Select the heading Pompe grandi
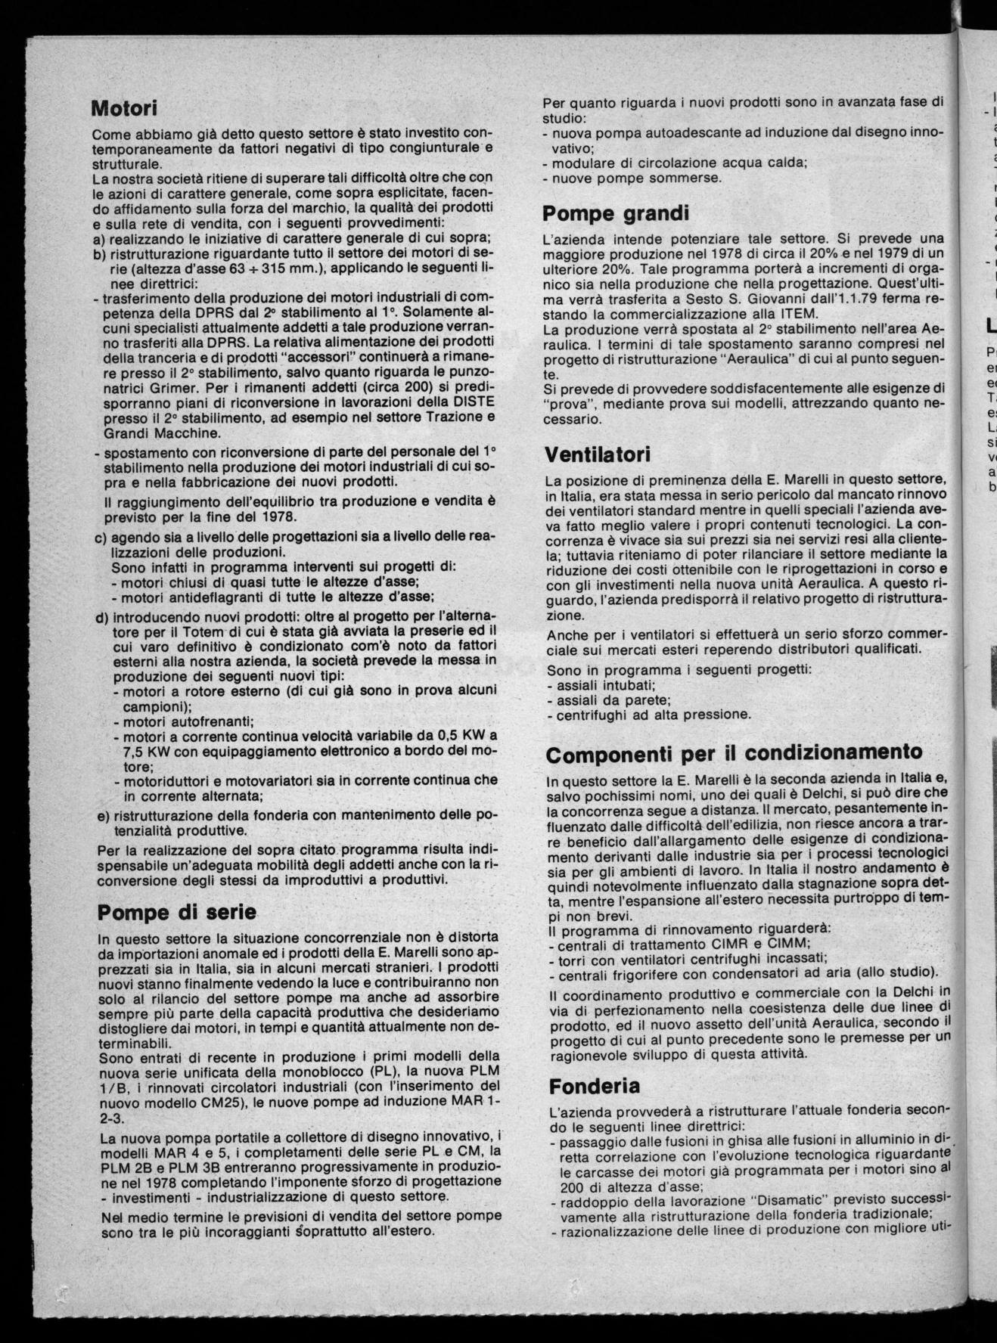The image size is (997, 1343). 613,213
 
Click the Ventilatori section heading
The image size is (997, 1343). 598,455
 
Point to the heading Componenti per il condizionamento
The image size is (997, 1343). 734,754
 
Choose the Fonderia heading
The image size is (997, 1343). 594,1086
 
